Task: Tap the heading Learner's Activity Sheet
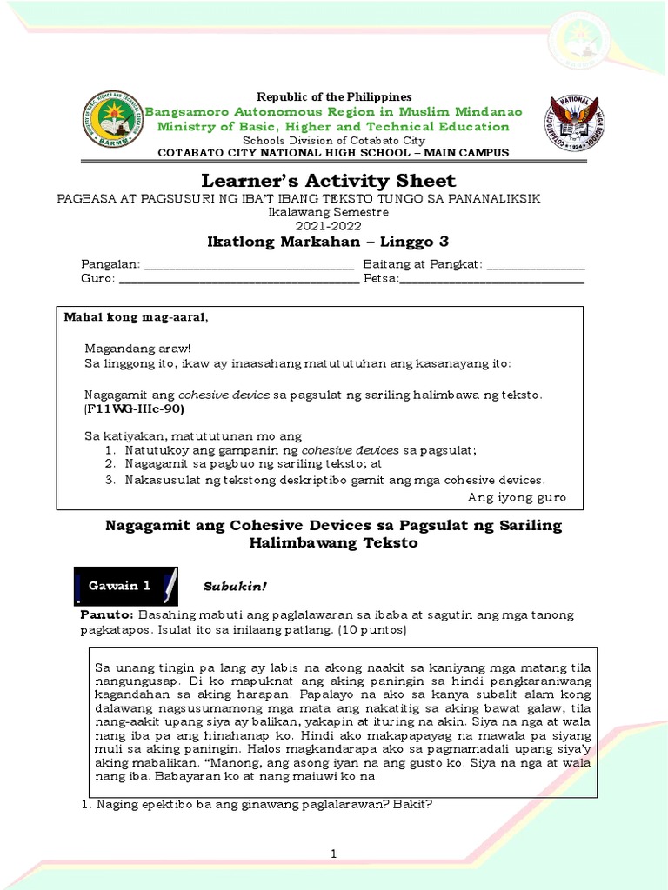coord(328,181)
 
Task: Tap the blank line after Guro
coord(239,280)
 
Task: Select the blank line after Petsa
coord(491,280)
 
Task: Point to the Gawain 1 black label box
coord(126,586)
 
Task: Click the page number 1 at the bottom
coord(332,856)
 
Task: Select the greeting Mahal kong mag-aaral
coord(137,317)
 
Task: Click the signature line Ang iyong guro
coord(517,497)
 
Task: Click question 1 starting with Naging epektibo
coord(257,804)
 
